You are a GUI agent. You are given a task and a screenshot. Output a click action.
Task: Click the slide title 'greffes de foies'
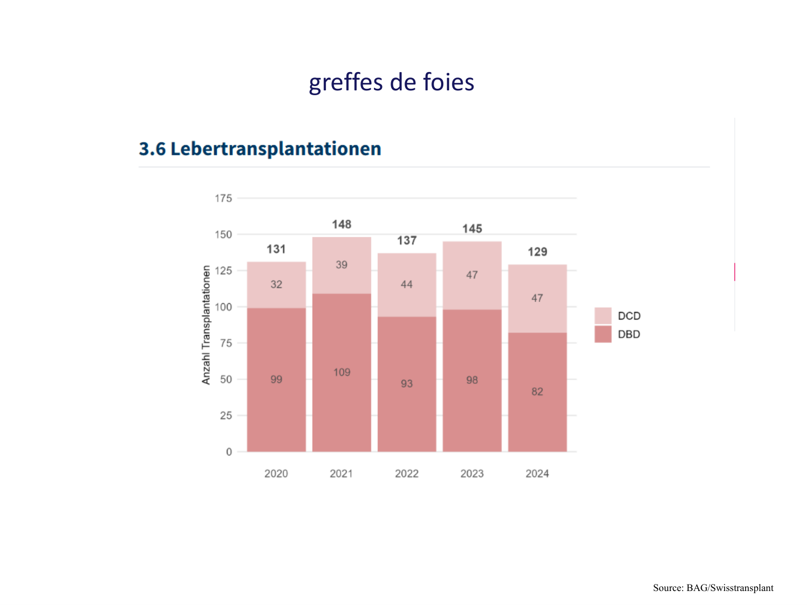[x=391, y=82]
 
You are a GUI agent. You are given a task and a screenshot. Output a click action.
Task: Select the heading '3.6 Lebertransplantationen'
[x=260, y=148]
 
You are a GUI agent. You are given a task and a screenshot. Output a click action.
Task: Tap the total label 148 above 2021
[x=342, y=224]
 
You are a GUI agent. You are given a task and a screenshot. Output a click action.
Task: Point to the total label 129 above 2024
[x=537, y=252]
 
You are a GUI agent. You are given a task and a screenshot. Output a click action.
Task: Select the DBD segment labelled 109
[x=342, y=372]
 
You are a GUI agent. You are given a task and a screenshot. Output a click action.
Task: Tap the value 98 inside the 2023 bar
[x=472, y=380]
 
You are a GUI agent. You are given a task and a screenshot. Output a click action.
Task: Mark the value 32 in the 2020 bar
[x=277, y=284]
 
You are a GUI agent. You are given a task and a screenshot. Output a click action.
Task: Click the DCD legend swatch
[x=603, y=316]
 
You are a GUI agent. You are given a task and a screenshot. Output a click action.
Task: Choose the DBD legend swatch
[x=603, y=334]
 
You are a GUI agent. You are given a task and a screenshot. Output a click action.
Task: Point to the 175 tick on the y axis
[x=223, y=198]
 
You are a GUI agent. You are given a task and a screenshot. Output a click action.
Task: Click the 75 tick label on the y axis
[x=225, y=343]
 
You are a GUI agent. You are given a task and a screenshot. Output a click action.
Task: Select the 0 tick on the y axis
[x=229, y=452]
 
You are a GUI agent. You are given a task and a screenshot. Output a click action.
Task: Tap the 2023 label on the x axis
[x=472, y=474]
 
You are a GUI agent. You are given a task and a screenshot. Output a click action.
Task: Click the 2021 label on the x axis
[x=341, y=474]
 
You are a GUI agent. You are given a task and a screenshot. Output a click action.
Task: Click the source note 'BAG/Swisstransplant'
[x=730, y=588]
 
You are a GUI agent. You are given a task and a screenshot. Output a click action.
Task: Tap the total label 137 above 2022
[x=407, y=240]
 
